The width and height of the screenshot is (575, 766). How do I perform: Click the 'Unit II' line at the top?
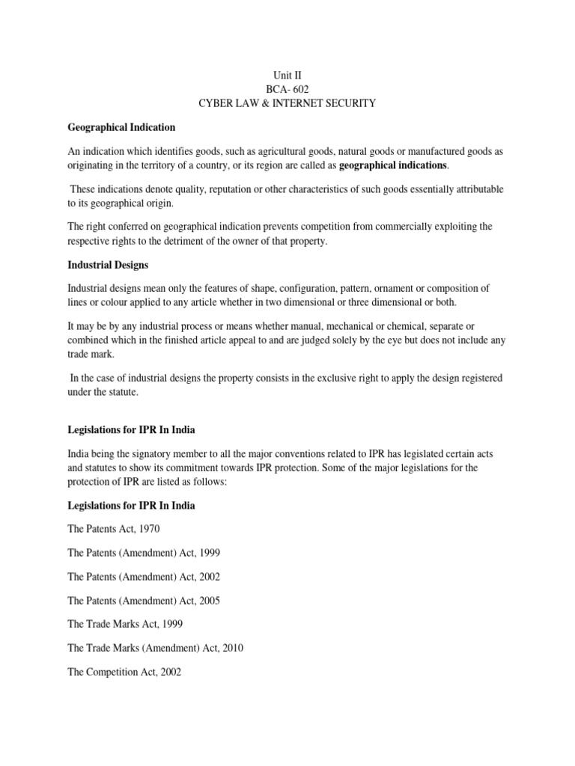287,75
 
